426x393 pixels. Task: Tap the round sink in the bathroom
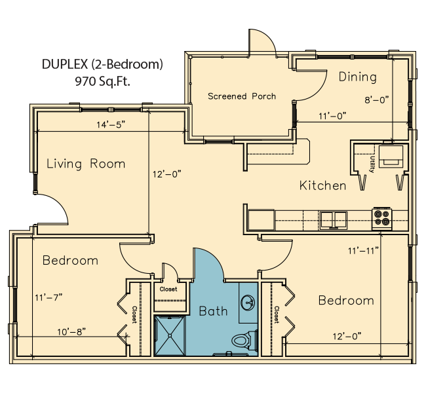click(x=248, y=303)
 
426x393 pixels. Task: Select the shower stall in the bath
click(x=170, y=335)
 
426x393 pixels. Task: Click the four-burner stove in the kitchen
click(x=382, y=218)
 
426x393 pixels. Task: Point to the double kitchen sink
click(x=334, y=220)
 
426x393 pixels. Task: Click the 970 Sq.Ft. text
click(x=102, y=81)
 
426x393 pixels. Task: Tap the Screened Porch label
click(x=242, y=96)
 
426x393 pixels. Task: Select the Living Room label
click(x=86, y=164)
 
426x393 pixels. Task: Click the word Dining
click(x=358, y=77)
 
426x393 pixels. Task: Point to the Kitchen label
click(x=322, y=185)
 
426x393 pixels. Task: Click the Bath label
click(x=213, y=311)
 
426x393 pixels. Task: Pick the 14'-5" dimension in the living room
click(x=111, y=124)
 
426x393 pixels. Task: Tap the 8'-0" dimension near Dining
click(x=377, y=100)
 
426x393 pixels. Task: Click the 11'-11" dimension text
click(x=363, y=251)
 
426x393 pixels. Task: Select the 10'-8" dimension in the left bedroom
click(x=71, y=332)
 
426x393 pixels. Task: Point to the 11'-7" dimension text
click(x=48, y=297)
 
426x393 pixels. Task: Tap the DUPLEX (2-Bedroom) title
click(x=102, y=64)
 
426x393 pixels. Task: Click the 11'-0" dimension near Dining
click(x=332, y=116)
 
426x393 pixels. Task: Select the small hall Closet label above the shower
click(x=168, y=289)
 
